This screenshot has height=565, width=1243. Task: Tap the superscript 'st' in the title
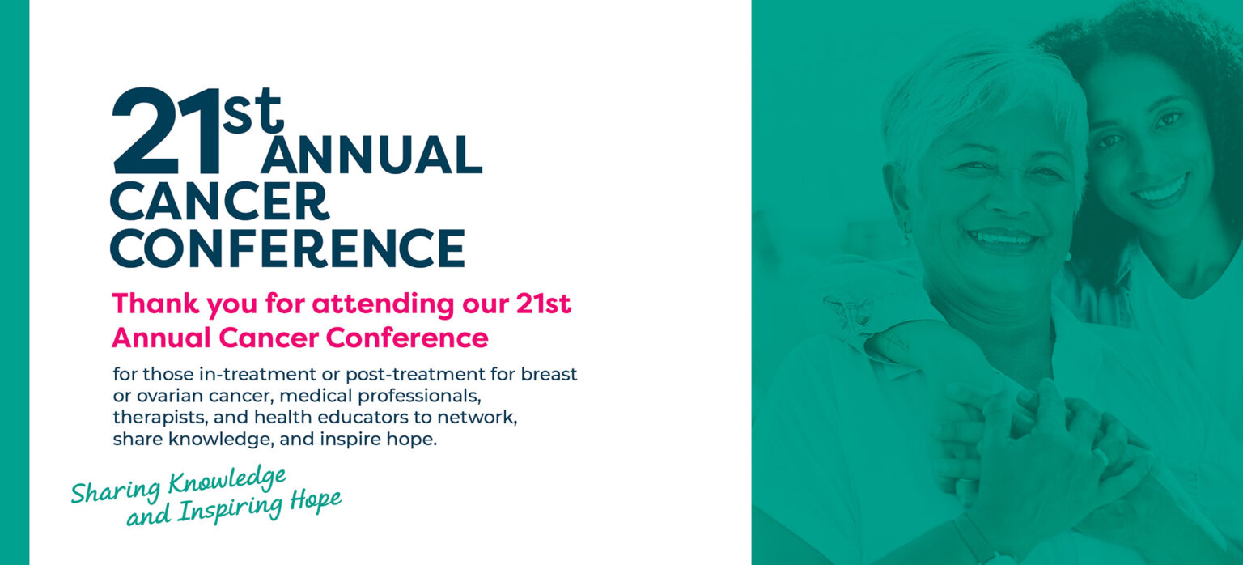tap(253, 111)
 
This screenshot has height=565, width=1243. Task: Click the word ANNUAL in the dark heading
tap(371, 155)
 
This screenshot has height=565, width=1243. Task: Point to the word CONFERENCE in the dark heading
tap(287, 248)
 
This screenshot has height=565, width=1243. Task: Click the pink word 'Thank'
tap(155, 304)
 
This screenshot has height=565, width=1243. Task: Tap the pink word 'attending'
tap(383, 304)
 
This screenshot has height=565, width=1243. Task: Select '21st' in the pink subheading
tap(544, 304)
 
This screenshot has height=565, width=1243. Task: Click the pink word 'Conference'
tap(407, 338)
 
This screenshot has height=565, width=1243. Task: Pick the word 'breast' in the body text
tap(549, 374)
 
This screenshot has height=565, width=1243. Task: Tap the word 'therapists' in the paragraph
tap(160, 418)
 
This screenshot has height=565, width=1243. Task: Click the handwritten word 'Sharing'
tap(116, 491)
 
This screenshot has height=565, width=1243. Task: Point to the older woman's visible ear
tap(900, 202)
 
